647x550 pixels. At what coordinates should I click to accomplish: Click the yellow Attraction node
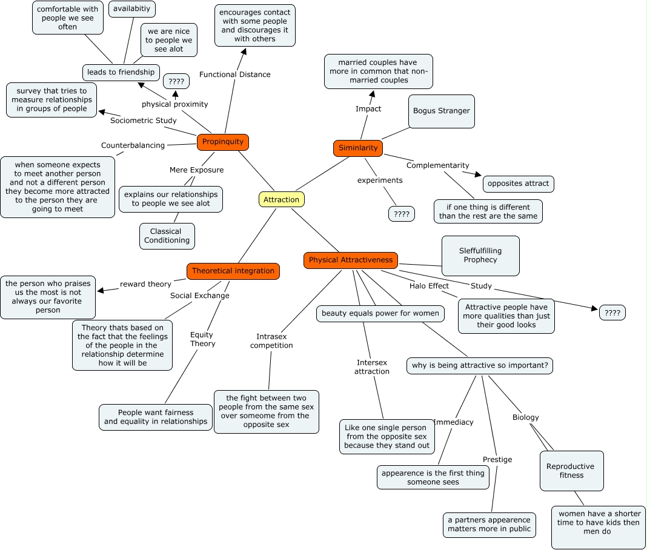click(282, 200)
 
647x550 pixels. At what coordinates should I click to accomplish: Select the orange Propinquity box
click(223, 142)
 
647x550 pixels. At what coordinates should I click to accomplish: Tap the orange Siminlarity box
click(358, 148)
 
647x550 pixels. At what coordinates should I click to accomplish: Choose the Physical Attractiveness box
click(351, 260)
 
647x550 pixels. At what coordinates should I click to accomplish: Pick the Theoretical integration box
click(233, 271)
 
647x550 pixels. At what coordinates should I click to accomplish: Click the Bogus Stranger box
click(442, 111)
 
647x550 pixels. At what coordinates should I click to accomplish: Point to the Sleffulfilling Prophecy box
click(480, 256)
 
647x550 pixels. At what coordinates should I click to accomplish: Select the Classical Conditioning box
click(167, 236)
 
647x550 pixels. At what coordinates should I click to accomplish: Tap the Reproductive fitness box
click(571, 471)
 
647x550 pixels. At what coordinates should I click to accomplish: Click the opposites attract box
click(518, 184)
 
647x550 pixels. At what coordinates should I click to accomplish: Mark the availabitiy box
click(132, 9)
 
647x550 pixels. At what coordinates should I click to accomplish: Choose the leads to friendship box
click(121, 72)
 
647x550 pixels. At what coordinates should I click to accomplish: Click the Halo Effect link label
click(429, 286)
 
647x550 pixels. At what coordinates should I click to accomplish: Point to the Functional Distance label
click(235, 75)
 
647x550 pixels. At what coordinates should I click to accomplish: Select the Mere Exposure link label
click(196, 170)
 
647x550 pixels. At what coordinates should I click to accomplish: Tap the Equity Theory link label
click(202, 339)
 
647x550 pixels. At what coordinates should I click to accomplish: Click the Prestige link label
click(497, 460)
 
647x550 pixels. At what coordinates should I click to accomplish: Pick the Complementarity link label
click(438, 165)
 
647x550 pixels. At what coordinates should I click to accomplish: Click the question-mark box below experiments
click(402, 214)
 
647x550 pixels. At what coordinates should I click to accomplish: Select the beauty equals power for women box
click(380, 314)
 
